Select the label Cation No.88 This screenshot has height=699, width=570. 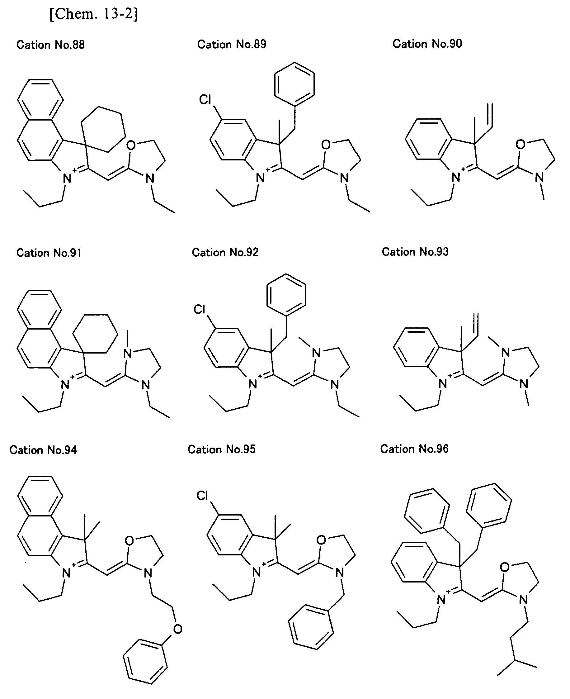point(50,45)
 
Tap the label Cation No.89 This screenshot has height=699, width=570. point(232,44)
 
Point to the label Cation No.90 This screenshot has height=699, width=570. point(427,44)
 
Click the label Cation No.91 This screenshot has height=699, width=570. point(49,253)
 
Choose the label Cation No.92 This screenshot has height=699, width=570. point(225,252)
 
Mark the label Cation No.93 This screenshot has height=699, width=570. point(415,252)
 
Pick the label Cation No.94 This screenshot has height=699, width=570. point(43,450)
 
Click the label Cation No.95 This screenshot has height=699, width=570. point(222,449)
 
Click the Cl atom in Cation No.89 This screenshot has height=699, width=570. point(205,99)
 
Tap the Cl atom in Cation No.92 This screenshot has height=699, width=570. point(199,309)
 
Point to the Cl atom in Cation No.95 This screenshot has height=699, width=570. point(202,496)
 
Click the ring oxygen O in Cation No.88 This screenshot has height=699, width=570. point(131,145)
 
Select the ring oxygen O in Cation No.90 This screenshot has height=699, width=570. point(521,144)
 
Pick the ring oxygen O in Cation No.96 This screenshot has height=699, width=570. point(505,567)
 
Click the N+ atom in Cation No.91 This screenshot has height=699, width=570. point(67,384)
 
